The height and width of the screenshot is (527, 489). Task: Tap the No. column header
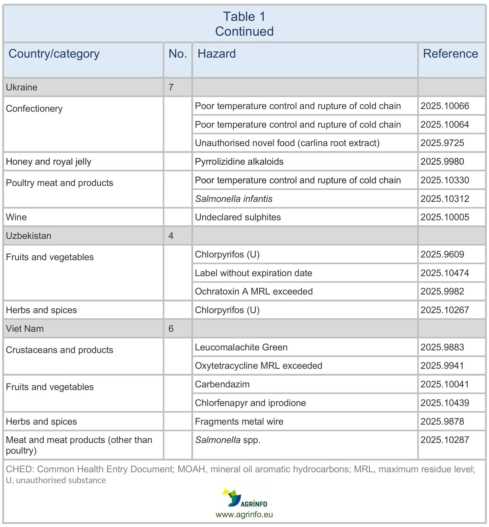tap(178, 54)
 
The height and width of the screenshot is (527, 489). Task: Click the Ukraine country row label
tap(22, 87)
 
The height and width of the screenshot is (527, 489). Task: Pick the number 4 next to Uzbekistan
tap(171, 236)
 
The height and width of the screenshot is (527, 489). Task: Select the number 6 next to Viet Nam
tap(171, 329)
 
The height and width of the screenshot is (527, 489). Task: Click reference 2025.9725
tap(442, 143)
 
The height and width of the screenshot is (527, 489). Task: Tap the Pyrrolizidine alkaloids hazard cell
tap(239, 162)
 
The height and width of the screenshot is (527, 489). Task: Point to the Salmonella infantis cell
tap(234, 199)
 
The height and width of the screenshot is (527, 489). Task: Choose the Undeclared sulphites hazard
tap(238, 217)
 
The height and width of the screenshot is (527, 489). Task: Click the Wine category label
tap(16, 217)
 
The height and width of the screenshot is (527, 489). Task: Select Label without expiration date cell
tap(253, 273)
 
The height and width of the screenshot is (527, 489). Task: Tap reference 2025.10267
tap(444, 310)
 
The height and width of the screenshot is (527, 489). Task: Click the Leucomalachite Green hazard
tap(241, 347)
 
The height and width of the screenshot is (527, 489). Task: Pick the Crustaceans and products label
tap(60, 350)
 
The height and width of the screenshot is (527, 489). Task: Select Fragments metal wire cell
tap(239, 421)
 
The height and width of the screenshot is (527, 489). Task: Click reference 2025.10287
tap(444, 440)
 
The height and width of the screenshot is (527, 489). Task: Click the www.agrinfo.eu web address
tap(244, 515)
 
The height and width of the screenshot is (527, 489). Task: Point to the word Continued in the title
tap(244, 31)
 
